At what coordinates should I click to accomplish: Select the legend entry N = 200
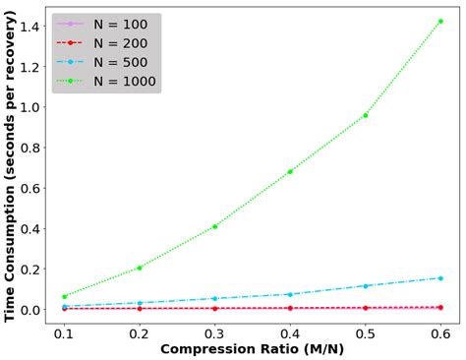pos(108,43)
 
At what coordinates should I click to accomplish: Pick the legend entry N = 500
pos(108,61)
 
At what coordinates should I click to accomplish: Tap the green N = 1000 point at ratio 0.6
pos(440,21)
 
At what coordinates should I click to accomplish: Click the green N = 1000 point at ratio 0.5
pos(366,115)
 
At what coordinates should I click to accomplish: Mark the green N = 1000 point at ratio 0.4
pos(290,171)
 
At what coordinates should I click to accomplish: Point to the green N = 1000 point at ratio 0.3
pos(215,226)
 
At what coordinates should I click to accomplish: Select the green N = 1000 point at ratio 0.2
pos(140,268)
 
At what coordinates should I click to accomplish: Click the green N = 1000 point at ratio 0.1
pos(65,296)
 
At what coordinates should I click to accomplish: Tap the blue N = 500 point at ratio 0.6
pos(440,277)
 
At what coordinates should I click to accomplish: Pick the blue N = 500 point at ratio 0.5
pos(366,286)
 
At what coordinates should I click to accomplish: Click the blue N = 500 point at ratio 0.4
pos(290,294)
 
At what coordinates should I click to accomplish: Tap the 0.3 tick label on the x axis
pos(215,332)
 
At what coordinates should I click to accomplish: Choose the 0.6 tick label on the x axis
pos(440,332)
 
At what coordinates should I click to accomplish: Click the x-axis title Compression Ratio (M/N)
pos(253,350)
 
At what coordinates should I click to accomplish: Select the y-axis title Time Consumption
pos(11,167)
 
